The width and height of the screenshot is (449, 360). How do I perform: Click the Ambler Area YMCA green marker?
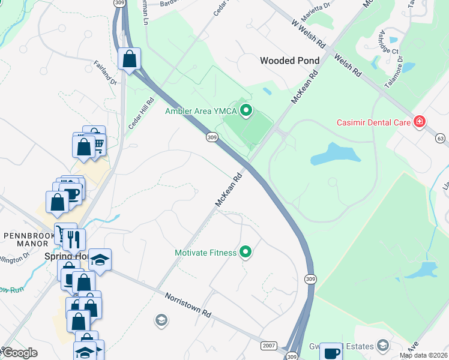[245, 110]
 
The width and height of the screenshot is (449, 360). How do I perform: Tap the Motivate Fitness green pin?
[245, 252]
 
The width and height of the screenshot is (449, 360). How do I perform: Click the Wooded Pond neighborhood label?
[289, 61]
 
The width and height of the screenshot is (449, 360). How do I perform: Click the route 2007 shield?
[268, 346]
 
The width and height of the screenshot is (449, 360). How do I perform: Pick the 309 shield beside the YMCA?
[211, 137]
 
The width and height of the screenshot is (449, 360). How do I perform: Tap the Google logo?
[20, 353]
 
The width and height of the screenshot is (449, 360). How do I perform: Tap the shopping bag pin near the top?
[129, 59]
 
